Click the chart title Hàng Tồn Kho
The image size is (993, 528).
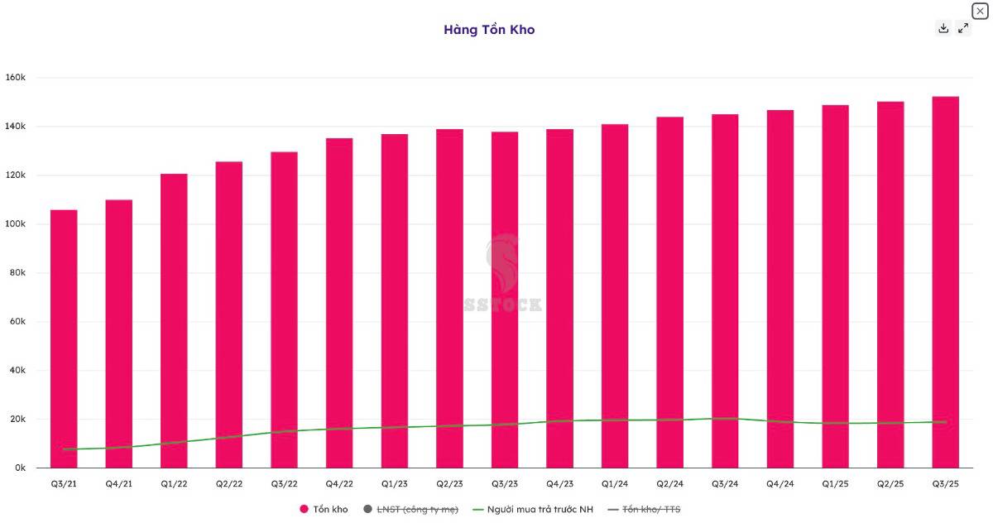point(489,30)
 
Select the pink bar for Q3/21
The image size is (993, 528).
point(64,339)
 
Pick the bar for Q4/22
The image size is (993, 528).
point(339,303)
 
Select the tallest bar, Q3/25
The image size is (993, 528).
point(946,282)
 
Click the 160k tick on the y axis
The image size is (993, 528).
point(17,78)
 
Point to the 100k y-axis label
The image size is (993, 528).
point(17,224)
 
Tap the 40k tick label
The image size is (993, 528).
point(18,371)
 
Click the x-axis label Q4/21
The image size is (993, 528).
point(119,483)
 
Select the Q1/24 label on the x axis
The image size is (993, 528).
point(615,483)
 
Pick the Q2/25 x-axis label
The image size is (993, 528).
point(890,483)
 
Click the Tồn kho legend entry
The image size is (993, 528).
point(324,510)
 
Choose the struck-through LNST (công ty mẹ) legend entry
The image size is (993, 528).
point(410,510)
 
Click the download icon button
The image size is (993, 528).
point(943,28)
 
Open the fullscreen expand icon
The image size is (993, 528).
point(963,28)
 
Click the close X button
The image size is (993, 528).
point(979,10)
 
